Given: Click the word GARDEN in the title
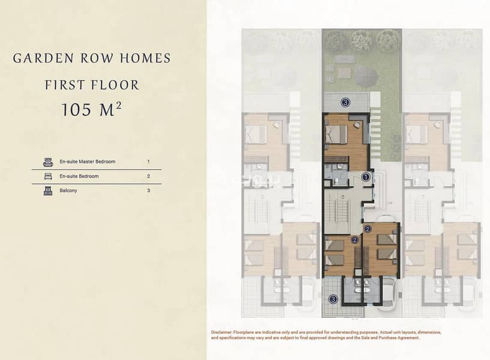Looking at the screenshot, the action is point(43,58).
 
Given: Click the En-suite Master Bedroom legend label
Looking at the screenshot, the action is point(88,162).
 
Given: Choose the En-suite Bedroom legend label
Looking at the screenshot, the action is point(79,177).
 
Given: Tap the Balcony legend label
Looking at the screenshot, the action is point(68,191).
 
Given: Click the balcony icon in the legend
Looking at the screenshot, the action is point(48,191).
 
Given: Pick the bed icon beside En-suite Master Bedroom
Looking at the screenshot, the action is point(48,162).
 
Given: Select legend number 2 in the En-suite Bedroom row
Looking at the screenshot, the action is point(148,177).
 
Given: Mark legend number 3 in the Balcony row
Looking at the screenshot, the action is point(148,191).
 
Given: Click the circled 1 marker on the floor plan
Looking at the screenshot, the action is point(366,177).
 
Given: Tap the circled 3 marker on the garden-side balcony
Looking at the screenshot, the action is point(345,102).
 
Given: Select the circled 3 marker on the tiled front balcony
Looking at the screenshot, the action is point(333,299).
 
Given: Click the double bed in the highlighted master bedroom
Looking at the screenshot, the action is point(336,135).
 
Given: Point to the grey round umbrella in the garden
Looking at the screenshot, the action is point(366,77).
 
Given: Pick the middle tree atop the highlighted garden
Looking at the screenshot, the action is point(361,40).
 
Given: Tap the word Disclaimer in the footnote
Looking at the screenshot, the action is point(222,332).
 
